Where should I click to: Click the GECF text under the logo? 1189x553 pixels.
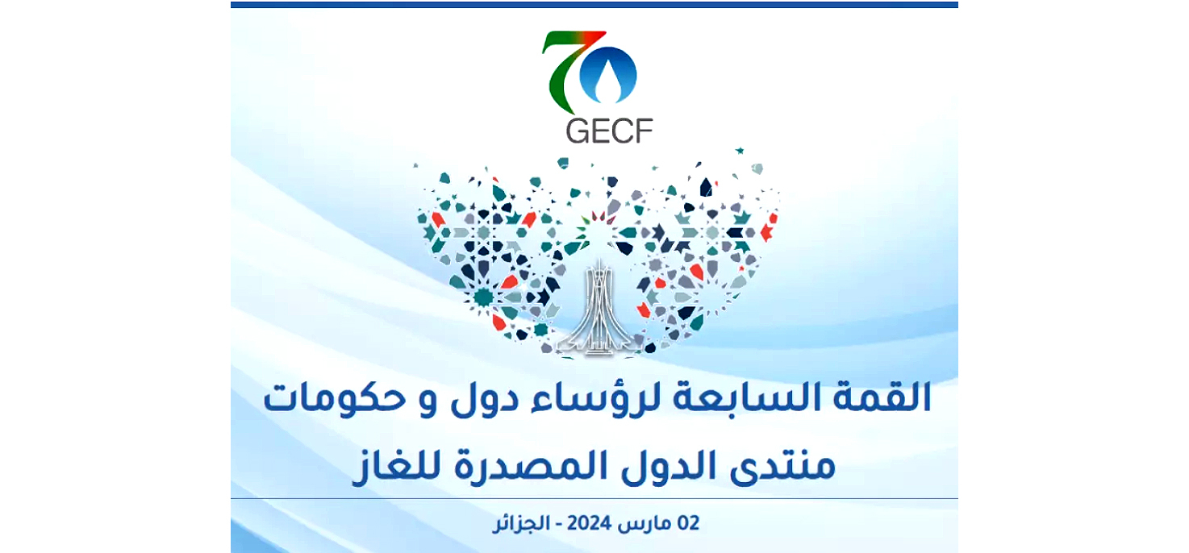coord(609,131)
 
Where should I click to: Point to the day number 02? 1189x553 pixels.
coord(688,524)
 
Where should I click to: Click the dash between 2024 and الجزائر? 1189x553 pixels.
coord(558,525)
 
